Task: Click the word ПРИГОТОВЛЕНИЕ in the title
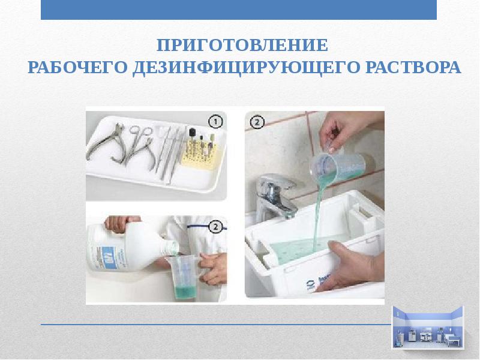(242, 46)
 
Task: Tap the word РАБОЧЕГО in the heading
(77, 67)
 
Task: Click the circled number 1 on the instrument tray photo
(216, 122)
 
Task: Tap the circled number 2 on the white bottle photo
(216, 227)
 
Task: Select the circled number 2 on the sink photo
(257, 122)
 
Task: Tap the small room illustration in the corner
(428, 328)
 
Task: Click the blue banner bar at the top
(239, 10)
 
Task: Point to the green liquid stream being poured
(318, 214)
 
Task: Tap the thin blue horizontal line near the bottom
(216, 325)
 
